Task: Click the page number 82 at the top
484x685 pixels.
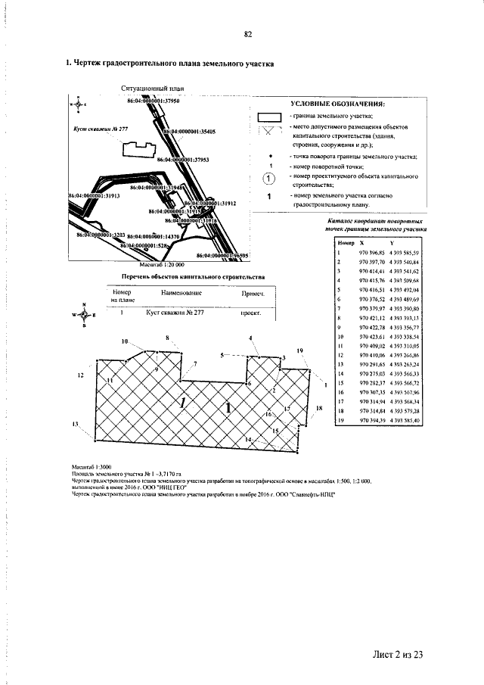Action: (247, 34)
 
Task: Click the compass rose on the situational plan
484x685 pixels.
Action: (77, 104)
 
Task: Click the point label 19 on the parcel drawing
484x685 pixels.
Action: (299, 351)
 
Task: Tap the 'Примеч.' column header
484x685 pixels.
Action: (252, 293)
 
